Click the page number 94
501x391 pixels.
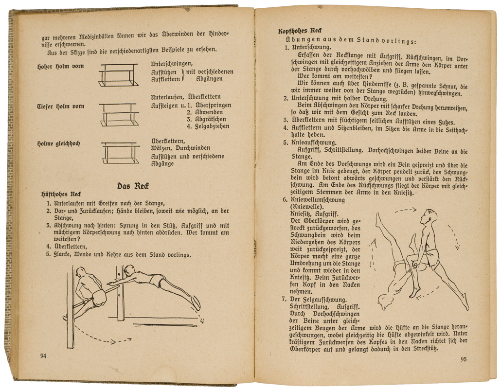pyautogui.click(x=43, y=355)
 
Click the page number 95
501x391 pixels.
pyautogui.click(x=463, y=359)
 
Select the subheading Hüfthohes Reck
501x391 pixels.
pyautogui.click(x=61, y=194)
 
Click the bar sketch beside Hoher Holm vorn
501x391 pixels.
pyautogui.click(x=118, y=72)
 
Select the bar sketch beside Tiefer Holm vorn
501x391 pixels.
pyautogui.click(x=120, y=113)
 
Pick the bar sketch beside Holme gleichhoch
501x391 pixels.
pyautogui.click(x=121, y=152)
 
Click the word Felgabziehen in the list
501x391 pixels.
pyautogui.click(x=212, y=126)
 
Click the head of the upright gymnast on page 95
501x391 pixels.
pyautogui.click(x=429, y=216)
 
